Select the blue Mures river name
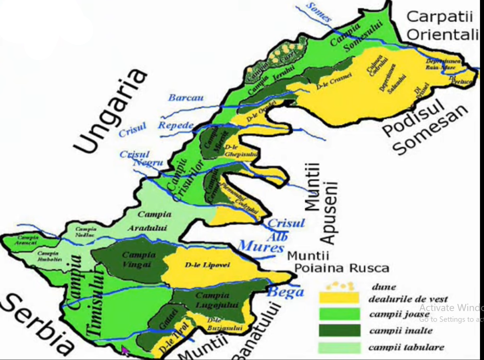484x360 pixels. (261, 246)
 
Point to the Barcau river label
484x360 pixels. (186, 98)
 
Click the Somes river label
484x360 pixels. (319, 12)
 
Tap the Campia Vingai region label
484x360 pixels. (139, 260)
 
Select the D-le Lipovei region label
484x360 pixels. (207, 265)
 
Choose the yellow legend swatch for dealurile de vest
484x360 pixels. (339, 299)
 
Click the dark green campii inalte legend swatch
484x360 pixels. (339, 330)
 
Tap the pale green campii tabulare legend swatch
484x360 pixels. (339, 347)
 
